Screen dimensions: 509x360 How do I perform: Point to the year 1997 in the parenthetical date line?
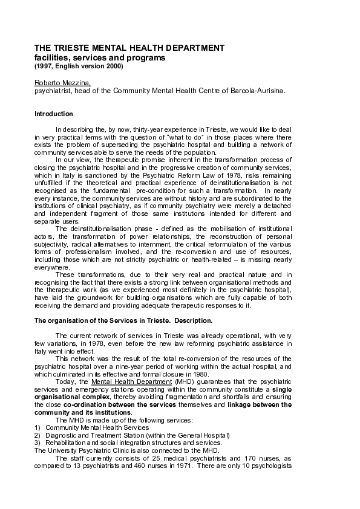[45, 65]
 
